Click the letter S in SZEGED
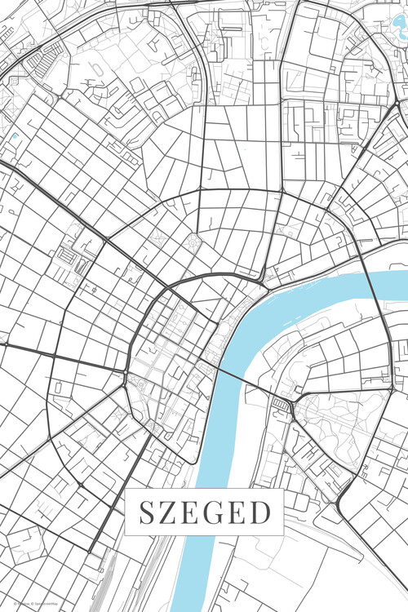pos(146,513)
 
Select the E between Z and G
pos(193,513)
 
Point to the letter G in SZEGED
pos(216,513)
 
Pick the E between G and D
pos(240,513)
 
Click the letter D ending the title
pos(262,513)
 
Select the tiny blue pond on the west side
pos(16,136)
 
